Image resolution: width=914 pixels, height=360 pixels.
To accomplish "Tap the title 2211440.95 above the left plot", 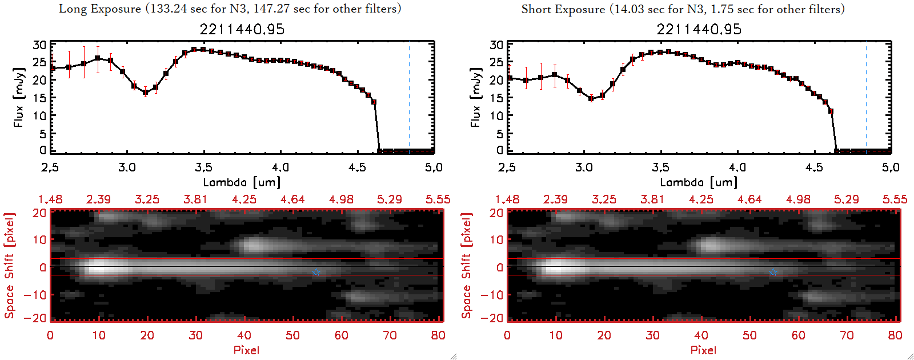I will (x=242, y=29).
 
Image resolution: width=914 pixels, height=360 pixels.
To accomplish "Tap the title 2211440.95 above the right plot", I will (x=699, y=29).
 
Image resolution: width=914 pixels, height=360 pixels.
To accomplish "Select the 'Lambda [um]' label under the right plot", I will (x=699, y=182).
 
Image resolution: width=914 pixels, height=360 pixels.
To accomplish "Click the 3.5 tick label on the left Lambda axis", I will (x=203, y=167).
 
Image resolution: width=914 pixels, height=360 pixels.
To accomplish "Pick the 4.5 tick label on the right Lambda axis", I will (x=814, y=167).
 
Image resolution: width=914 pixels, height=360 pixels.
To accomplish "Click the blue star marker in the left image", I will (x=316, y=273).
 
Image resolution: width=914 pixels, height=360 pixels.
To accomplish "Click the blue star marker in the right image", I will (x=773, y=273).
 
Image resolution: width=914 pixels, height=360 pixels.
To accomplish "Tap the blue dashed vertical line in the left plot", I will (x=409, y=97).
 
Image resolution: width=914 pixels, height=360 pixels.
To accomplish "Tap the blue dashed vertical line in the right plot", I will (x=866, y=97).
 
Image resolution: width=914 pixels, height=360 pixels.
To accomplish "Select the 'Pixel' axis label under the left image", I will (x=246, y=350).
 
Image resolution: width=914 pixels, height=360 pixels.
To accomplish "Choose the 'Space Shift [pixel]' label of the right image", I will (x=467, y=265).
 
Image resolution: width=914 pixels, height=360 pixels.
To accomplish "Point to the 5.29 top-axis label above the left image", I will (x=390, y=199).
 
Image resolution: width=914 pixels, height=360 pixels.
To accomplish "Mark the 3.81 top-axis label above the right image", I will (x=652, y=199).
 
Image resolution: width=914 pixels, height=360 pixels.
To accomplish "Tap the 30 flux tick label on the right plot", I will (x=496, y=45).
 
